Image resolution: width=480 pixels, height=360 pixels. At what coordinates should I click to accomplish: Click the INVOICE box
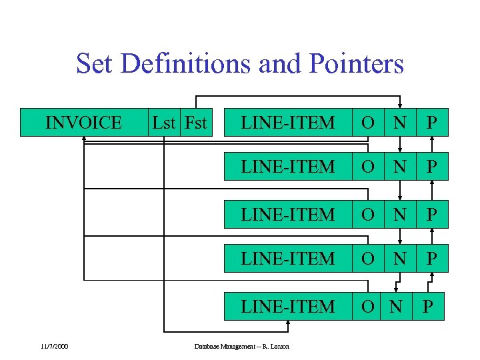coord(83,123)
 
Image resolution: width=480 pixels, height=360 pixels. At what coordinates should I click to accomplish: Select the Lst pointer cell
coord(164,123)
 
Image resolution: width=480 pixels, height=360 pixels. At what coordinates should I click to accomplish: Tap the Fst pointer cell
coord(195,123)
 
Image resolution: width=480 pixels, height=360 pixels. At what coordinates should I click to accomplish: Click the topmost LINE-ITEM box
coord(287,123)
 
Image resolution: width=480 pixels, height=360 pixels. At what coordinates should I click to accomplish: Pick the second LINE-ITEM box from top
coord(287,166)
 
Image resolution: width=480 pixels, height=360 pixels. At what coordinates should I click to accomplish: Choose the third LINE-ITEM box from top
coord(287,214)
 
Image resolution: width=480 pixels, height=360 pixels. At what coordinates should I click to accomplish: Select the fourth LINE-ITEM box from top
coord(287,258)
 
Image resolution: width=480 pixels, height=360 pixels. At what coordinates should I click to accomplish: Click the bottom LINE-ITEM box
coord(287,306)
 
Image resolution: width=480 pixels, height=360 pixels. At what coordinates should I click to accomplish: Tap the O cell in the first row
coord(367,123)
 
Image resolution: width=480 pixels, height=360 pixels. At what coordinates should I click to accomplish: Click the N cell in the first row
coord(399,123)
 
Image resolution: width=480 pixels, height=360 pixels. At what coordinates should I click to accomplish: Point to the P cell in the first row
coord(432,123)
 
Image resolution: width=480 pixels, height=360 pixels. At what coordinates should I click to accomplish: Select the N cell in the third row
coord(399,214)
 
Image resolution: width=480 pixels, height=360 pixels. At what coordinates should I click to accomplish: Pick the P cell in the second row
coord(432,166)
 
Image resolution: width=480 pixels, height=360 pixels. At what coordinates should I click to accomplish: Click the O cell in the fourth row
coord(367,258)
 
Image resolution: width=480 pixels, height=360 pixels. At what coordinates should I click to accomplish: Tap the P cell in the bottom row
coord(428,306)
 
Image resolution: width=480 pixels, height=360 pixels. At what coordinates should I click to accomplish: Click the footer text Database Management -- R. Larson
coord(241,346)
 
